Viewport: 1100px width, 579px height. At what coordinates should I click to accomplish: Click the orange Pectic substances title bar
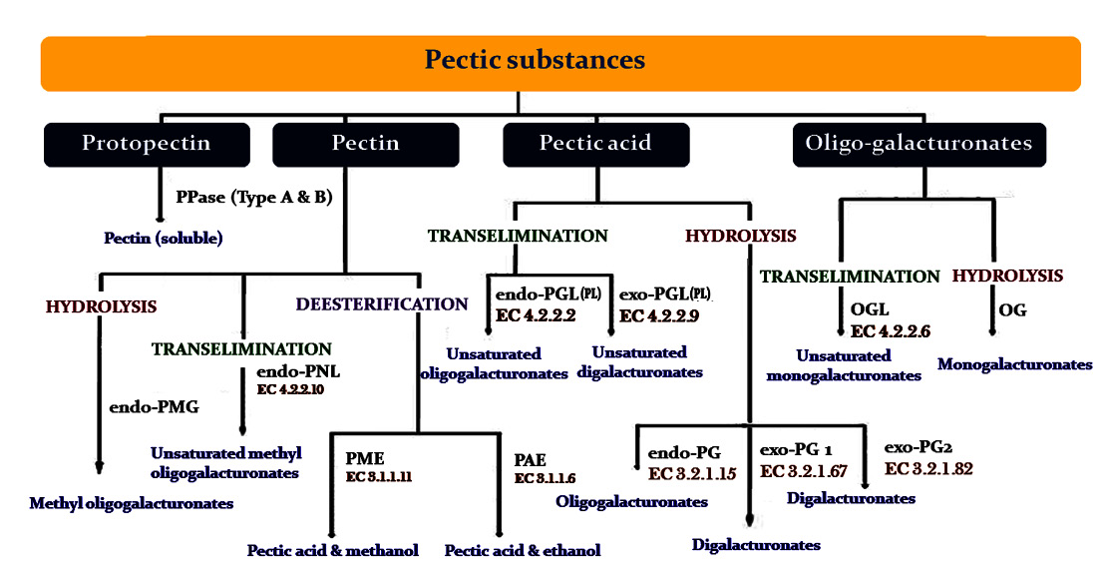tap(535, 60)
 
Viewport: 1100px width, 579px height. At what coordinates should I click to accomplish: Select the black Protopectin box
tap(146, 144)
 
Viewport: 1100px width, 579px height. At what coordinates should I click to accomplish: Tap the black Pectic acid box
tap(594, 144)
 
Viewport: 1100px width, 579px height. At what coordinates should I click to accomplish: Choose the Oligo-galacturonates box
tap(918, 144)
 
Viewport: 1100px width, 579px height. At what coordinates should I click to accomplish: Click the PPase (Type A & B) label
tap(253, 197)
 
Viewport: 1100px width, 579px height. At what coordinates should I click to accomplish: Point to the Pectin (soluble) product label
tap(163, 239)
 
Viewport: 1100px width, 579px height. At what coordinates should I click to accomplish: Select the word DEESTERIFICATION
tap(381, 303)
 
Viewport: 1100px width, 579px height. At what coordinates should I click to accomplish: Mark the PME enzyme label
tap(365, 459)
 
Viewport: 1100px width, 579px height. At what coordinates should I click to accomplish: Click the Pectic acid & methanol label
tap(332, 550)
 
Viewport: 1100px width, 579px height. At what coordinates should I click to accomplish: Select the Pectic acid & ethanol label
tap(523, 550)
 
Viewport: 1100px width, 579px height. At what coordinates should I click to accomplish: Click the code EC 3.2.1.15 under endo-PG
tap(692, 472)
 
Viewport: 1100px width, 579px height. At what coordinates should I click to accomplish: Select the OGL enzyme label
tap(869, 310)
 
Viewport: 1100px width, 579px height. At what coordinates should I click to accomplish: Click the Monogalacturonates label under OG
tap(1014, 365)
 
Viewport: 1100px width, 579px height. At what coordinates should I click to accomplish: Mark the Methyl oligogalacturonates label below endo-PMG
tap(131, 503)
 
